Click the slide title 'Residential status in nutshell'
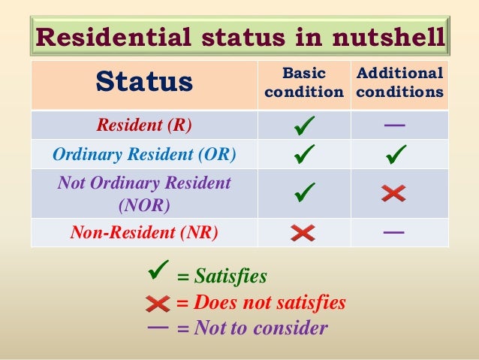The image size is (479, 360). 239,37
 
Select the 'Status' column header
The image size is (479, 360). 144,83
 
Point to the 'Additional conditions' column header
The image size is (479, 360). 399,83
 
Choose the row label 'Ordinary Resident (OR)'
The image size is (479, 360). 143,156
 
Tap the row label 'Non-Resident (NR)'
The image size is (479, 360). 143,232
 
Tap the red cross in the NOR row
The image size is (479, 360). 393,193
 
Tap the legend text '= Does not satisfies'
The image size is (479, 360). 261,303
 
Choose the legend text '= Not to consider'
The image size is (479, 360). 252,328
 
